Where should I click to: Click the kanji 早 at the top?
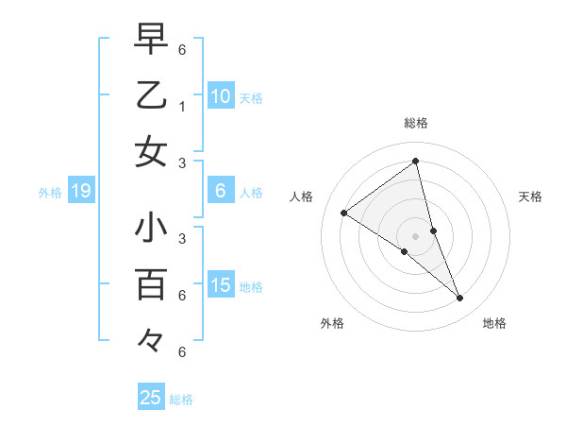(x=151, y=41)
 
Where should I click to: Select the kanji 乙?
(x=151, y=95)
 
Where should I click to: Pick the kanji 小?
(x=151, y=230)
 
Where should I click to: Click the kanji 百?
(x=151, y=284)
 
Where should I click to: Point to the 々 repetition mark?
(x=151, y=339)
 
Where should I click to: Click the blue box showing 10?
(x=221, y=95)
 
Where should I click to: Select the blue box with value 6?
(x=221, y=191)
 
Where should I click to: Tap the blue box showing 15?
(x=221, y=285)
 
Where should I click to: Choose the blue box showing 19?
(x=80, y=192)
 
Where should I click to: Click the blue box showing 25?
(x=151, y=398)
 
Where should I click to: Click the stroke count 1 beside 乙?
(x=181, y=107)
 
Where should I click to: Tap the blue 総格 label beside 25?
(x=181, y=400)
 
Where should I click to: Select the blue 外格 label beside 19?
(x=50, y=193)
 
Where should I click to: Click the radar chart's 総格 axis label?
(x=416, y=123)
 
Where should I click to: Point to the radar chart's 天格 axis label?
(x=530, y=196)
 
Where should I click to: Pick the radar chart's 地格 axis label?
(x=494, y=323)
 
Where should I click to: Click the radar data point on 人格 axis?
(x=343, y=213)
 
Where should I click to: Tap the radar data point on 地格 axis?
(x=460, y=299)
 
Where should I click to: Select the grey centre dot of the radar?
(x=416, y=236)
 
